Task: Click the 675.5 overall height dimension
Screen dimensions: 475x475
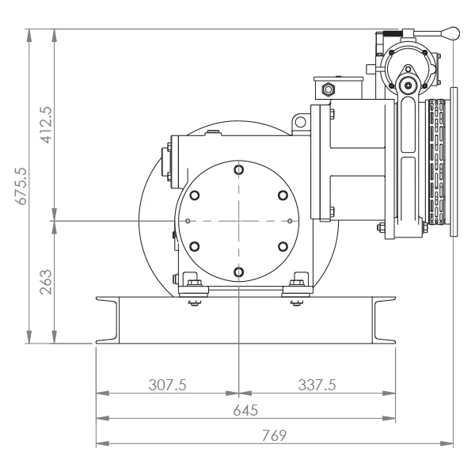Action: [21, 186]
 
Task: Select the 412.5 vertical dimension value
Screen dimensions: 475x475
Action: [46, 125]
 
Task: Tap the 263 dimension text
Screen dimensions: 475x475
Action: [46, 282]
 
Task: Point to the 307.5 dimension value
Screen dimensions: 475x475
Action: [167, 385]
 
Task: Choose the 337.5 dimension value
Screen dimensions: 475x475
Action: [317, 385]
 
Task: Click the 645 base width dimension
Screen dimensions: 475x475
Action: [245, 410]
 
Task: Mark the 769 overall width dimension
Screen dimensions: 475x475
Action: [274, 435]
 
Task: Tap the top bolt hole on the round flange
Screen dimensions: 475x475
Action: [239, 169]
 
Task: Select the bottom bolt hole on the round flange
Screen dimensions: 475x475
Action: [239, 272]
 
